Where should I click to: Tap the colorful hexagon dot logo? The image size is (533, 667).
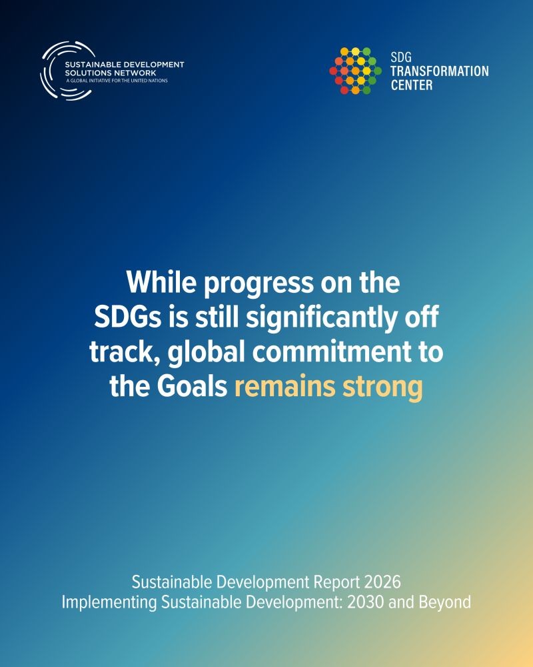click(355, 71)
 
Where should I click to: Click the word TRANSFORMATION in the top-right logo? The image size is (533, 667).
click(440, 71)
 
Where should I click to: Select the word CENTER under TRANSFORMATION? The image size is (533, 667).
click(412, 85)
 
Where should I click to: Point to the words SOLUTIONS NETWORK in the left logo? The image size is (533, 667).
click(111, 73)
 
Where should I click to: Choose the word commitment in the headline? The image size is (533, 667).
click(332, 352)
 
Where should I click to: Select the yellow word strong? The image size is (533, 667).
click(383, 388)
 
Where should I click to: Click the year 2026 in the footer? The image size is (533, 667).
click(382, 582)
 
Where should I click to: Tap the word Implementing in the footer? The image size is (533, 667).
click(109, 603)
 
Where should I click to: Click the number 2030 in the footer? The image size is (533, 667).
click(366, 602)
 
